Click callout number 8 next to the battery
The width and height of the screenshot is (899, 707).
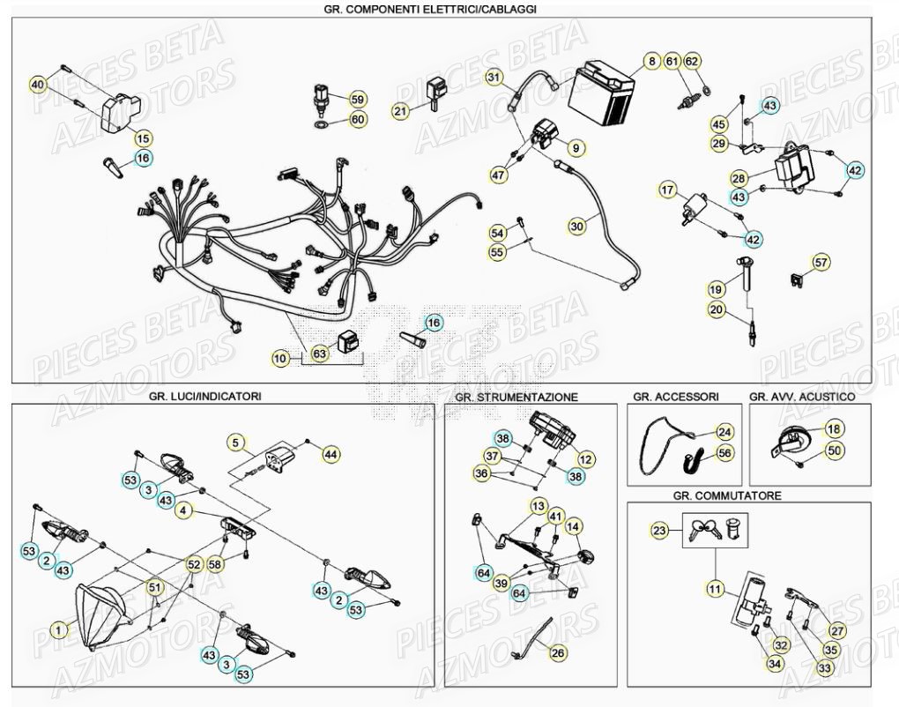[651, 62]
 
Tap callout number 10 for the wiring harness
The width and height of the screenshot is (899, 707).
[280, 359]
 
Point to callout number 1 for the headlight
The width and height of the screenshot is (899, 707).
[58, 629]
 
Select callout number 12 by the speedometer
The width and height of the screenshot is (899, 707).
[586, 458]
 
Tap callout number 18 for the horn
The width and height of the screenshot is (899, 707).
[833, 429]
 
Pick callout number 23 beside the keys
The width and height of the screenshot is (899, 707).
[660, 531]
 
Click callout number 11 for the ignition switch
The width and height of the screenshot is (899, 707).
[714, 587]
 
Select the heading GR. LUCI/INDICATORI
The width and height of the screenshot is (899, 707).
[205, 397]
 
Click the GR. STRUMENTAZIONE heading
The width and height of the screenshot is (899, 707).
[516, 398]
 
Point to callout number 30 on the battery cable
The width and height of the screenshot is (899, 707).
[576, 227]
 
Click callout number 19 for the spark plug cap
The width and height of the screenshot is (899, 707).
[716, 288]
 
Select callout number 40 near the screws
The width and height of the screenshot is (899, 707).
[37, 85]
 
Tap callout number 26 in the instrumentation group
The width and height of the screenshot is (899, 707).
[557, 653]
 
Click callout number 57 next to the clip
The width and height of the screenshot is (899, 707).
[821, 262]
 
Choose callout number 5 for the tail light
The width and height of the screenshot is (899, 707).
[235, 442]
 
